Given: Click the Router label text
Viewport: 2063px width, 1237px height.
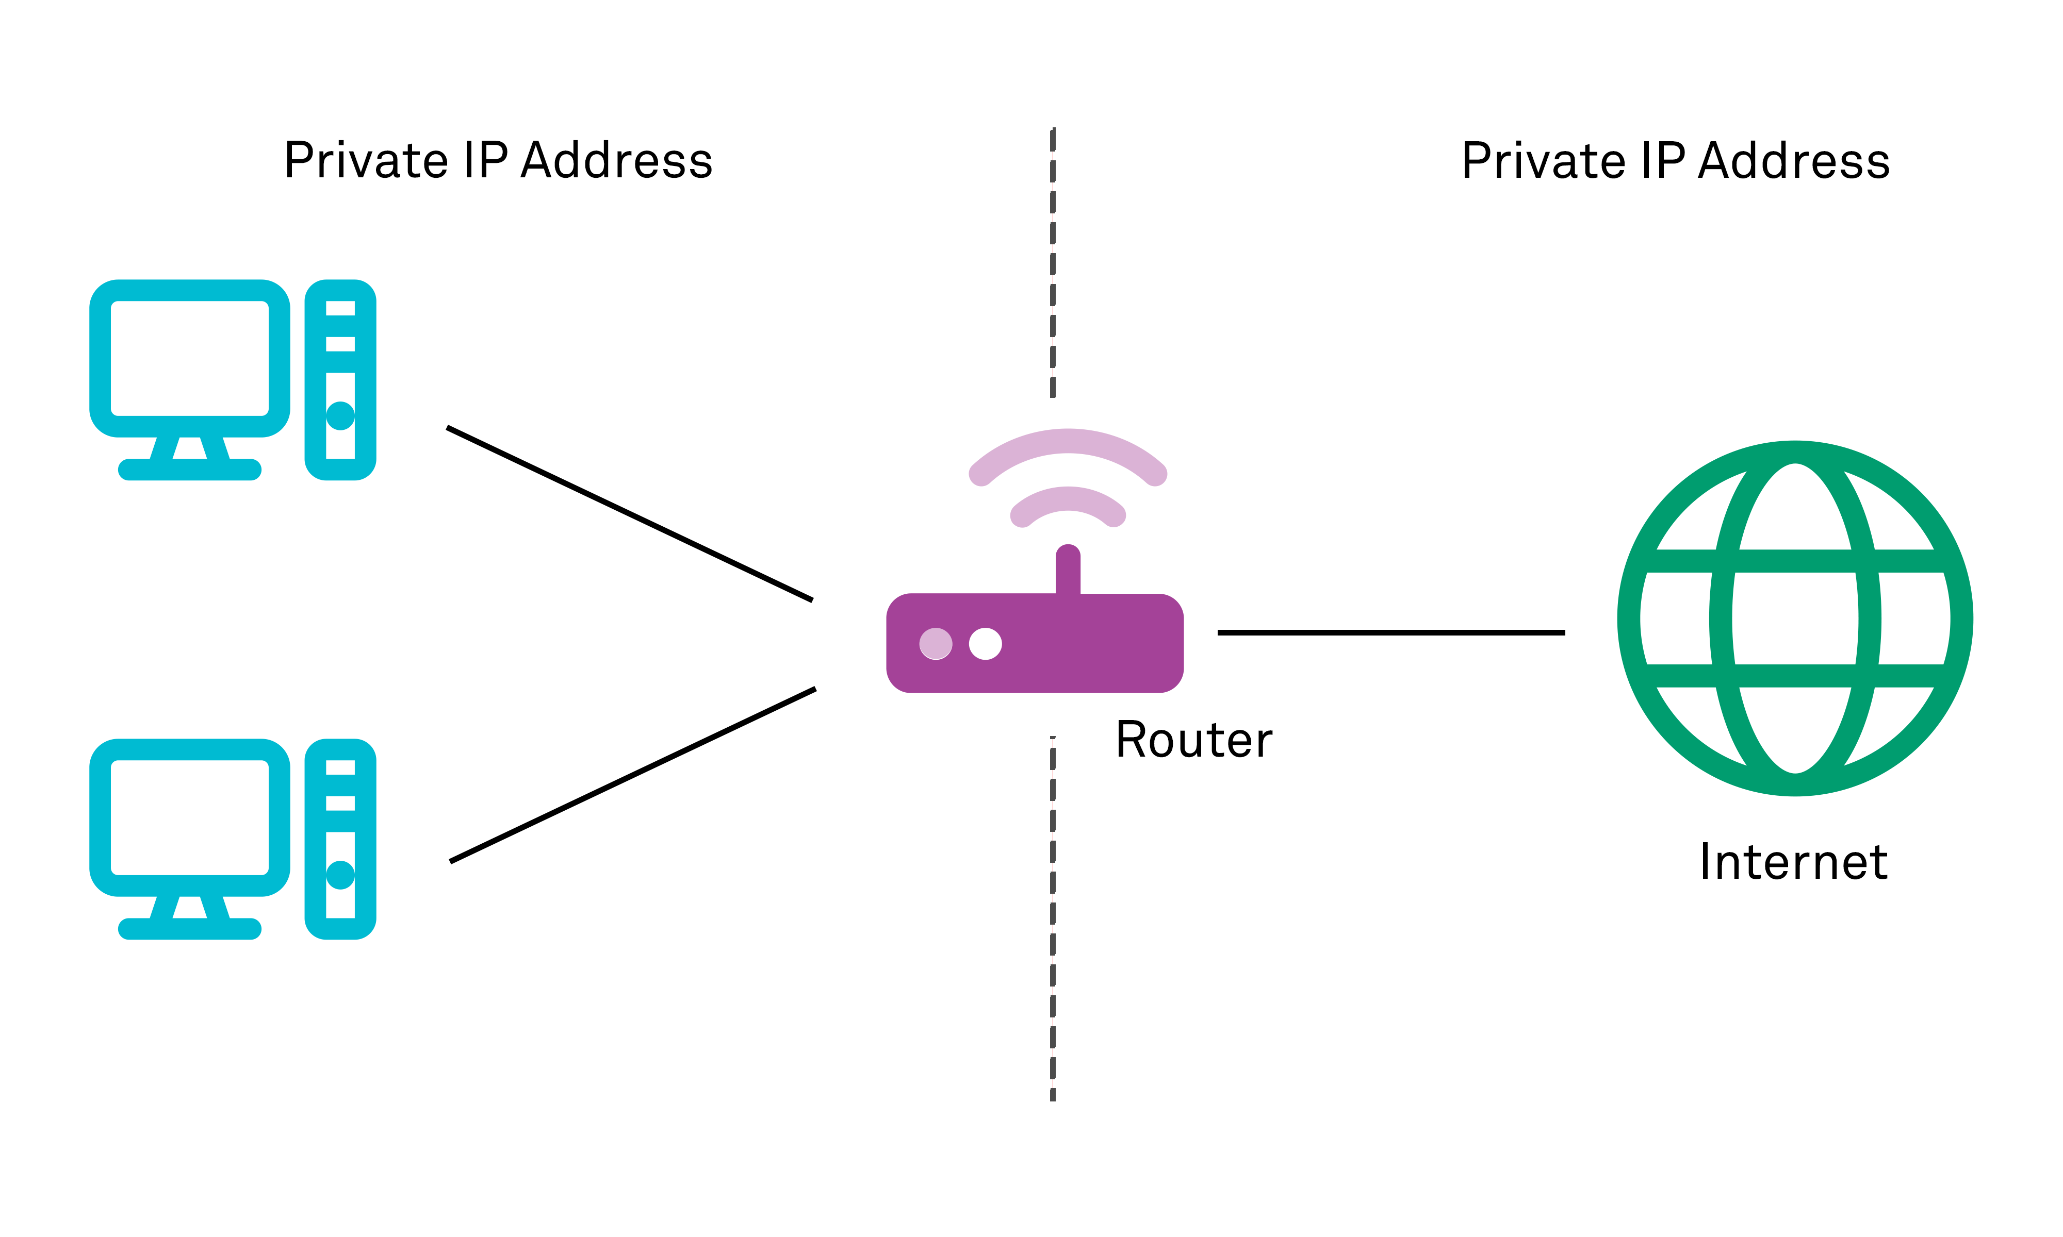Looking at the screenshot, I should coord(1193,740).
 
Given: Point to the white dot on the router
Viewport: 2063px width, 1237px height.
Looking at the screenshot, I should coord(985,644).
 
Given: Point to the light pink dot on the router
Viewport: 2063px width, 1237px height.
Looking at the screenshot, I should coord(936,644).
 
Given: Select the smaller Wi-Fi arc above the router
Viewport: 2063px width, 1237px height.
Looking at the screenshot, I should coord(1068,499).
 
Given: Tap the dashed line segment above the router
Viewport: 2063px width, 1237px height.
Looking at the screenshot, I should coord(1052,262).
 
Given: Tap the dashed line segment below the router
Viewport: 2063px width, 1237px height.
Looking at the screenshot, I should coord(1052,917).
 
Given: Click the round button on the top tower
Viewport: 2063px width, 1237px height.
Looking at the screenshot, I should coord(340,415).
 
